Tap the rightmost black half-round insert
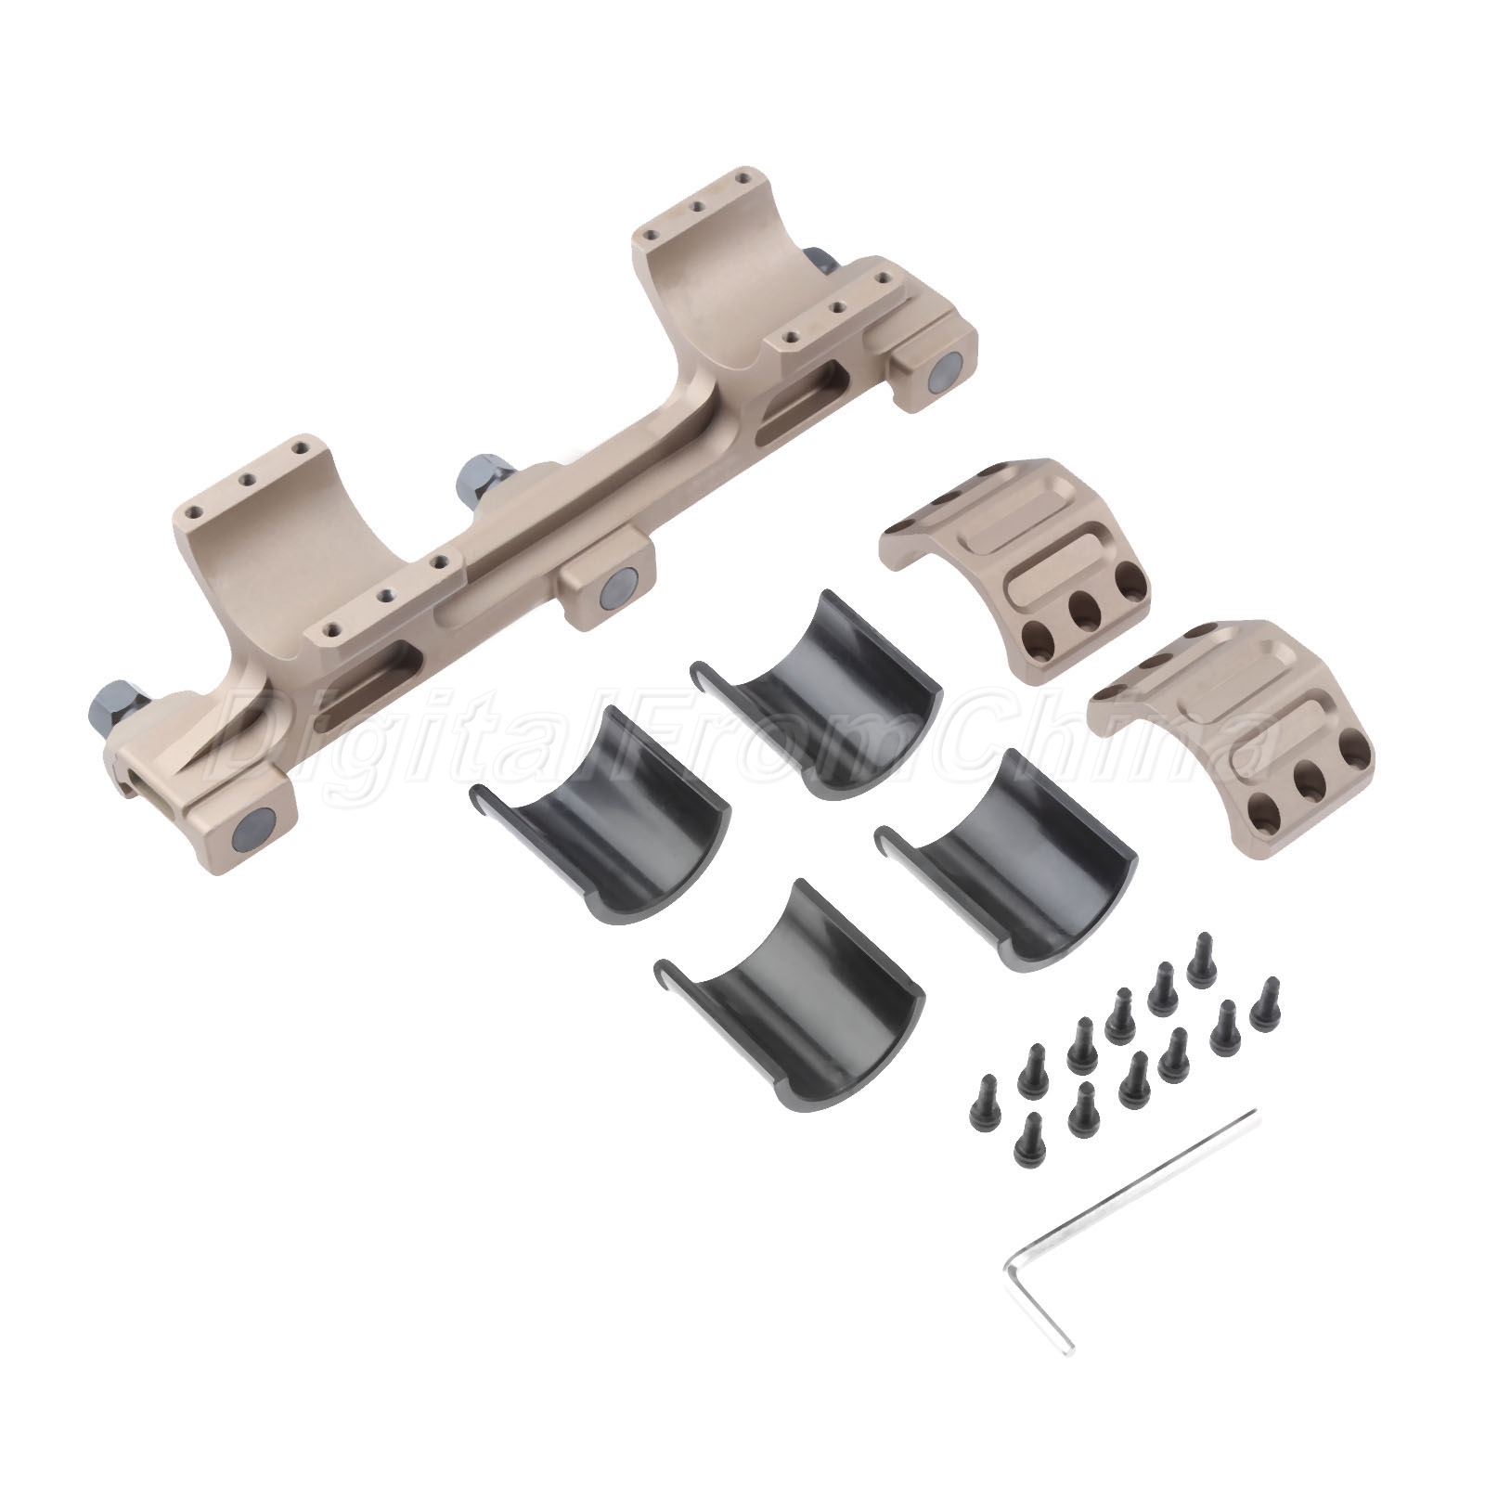[x=1005, y=820]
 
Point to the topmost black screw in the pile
[x=1201, y=958]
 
